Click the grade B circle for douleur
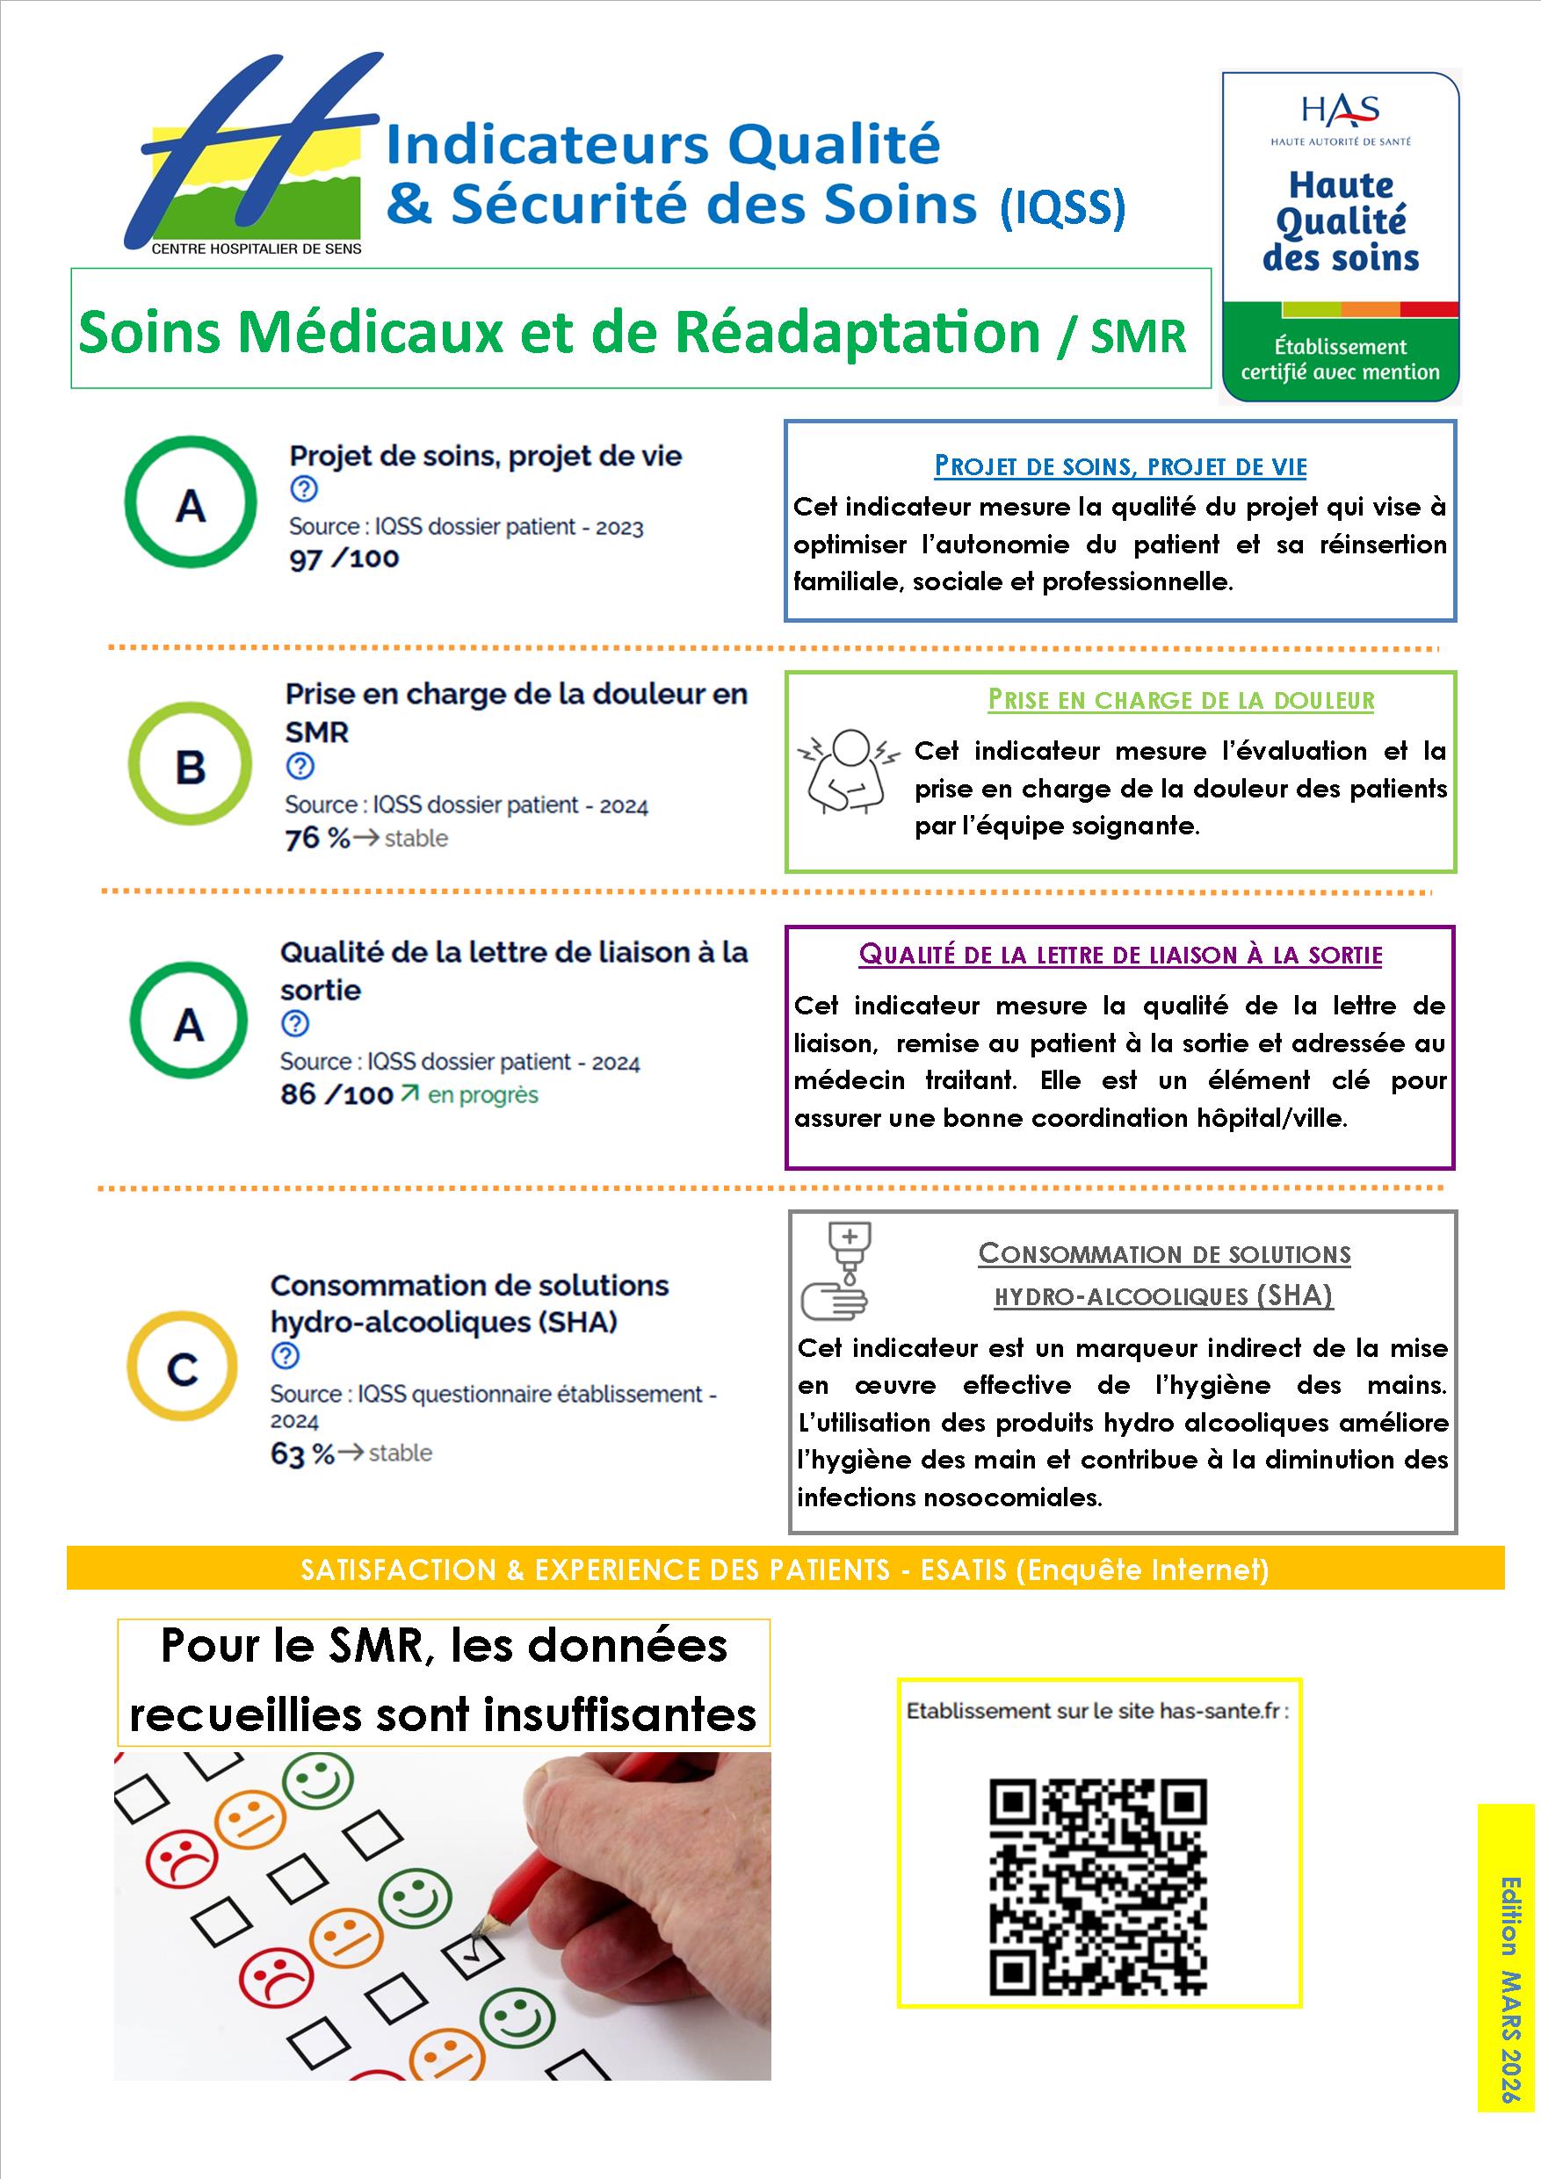190,765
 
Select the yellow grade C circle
181,1367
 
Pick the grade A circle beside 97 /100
190,503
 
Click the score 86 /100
336,1094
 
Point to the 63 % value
302,1453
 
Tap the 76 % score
317,838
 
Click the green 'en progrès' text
482,1094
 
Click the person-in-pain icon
847,773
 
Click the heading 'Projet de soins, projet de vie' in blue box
1120,466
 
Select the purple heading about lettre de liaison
1120,954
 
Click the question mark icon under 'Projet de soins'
304,490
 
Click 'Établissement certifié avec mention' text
1340,358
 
